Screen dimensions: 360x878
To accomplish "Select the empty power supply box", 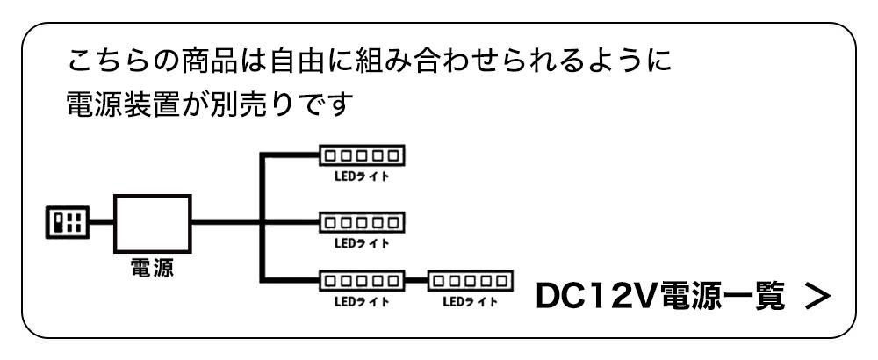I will coord(153,222).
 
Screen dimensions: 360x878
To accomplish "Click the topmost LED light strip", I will coord(362,156).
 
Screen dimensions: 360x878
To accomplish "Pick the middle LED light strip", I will coord(362,219).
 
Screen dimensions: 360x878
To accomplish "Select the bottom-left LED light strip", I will coord(362,282).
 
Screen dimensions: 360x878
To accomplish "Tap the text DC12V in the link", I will coord(589,297).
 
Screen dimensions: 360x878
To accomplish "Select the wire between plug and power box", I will coord(99,222).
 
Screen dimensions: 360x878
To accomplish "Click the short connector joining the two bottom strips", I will coord(416,282).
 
